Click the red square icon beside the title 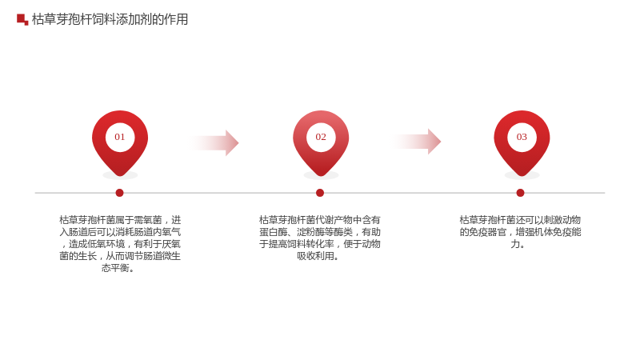point(22,19)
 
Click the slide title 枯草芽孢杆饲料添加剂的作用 point(110,19)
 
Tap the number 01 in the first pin point(119,137)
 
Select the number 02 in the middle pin point(321,137)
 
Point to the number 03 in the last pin point(522,137)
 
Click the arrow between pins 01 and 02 point(214,143)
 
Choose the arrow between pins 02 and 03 point(416,142)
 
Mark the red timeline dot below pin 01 point(119,193)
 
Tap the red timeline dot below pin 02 point(320,193)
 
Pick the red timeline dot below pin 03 point(520,193)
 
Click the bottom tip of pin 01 point(120,176)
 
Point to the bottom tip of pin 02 point(321,176)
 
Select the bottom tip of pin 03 point(522,176)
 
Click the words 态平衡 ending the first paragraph point(115,268)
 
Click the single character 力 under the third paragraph point(515,244)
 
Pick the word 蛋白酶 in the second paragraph point(273,232)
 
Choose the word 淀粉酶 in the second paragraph point(310,232)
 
